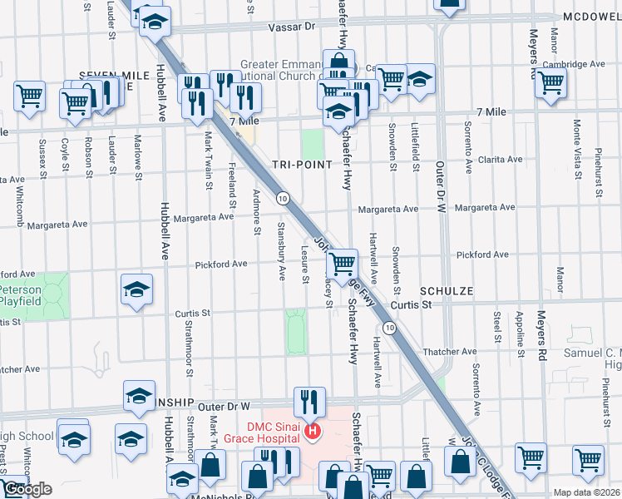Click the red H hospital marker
coord(313,431)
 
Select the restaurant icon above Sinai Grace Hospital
coord(309,403)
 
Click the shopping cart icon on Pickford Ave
coord(342,264)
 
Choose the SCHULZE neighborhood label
coord(447,291)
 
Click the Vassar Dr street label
coord(293,27)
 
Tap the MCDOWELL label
coord(591,17)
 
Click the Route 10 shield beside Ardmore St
coord(284,198)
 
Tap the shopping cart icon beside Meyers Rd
coord(550,82)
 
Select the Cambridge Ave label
coord(574,64)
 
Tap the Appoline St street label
coord(519,333)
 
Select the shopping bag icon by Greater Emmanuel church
coord(338,62)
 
